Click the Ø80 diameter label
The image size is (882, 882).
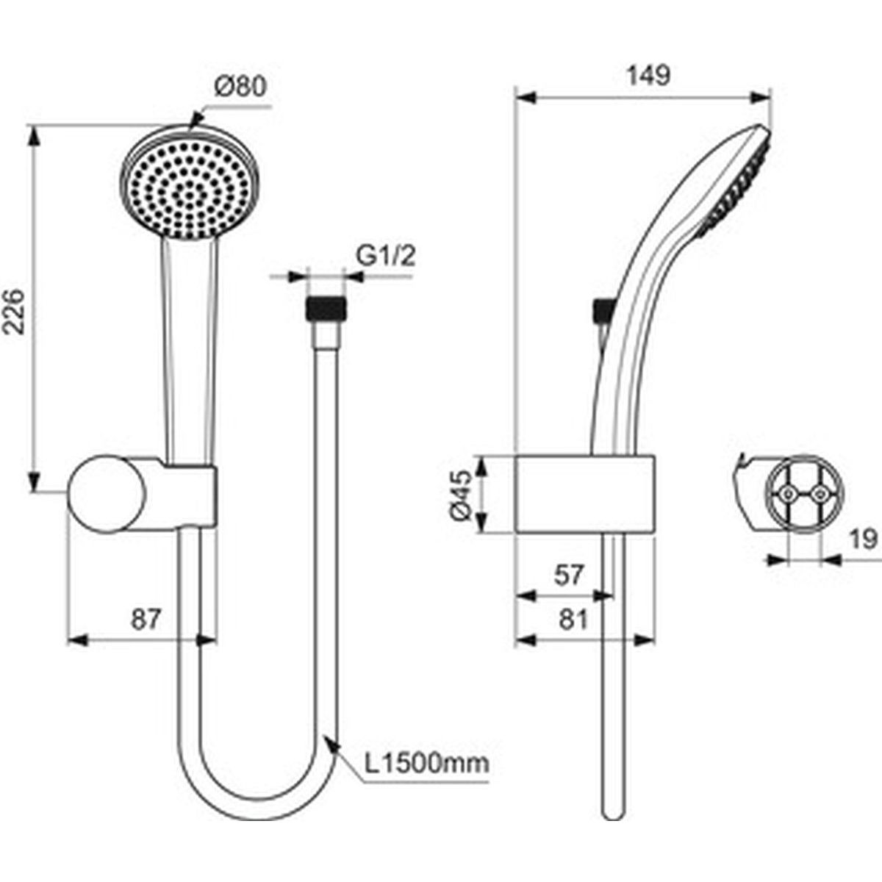tap(240, 87)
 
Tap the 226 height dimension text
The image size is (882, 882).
tap(14, 311)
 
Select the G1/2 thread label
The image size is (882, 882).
tap(386, 256)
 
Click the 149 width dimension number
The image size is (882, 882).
tap(648, 75)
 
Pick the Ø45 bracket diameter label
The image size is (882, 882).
tap(460, 495)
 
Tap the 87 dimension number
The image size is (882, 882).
tap(146, 620)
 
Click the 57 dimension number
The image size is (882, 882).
tap(569, 575)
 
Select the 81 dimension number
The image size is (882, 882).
tap(573, 620)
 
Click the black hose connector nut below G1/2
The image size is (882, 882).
tap(326, 308)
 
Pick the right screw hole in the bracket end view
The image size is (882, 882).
tap(820, 494)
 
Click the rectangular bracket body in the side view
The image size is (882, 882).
tap(585, 494)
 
